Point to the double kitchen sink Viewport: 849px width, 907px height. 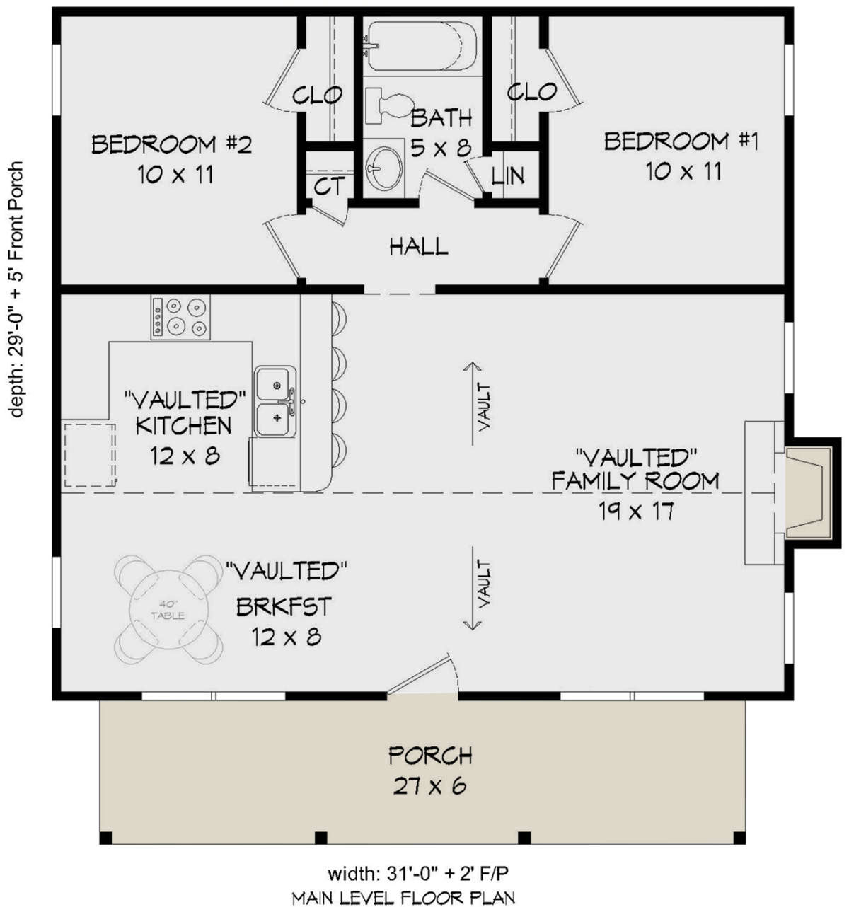click(277, 401)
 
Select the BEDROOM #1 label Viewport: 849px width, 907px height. click(681, 141)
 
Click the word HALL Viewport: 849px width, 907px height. click(419, 247)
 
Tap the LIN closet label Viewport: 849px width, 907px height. click(509, 175)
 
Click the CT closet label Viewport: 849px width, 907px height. click(329, 187)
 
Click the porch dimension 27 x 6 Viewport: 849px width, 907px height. click(430, 786)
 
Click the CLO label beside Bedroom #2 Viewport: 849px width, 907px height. click(317, 94)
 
